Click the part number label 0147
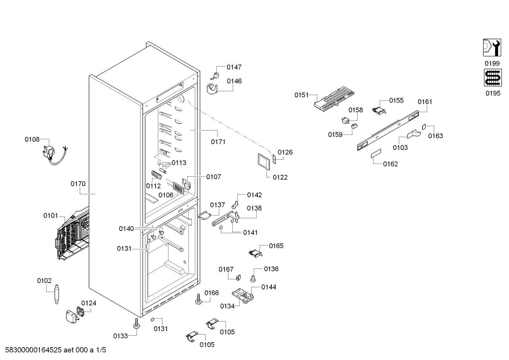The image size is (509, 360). tap(234, 67)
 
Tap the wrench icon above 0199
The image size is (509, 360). tap(492, 48)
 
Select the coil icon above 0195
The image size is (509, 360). tap(493, 78)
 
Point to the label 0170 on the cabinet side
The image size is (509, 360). tap(78, 184)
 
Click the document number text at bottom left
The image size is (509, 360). tap(55, 350)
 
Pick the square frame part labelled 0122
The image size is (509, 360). tap(264, 162)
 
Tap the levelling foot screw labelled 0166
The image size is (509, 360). tap(199, 299)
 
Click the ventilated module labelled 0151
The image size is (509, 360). tap(334, 97)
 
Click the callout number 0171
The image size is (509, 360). tap(218, 142)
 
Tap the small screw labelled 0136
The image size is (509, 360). tap(253, 279)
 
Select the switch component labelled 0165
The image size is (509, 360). tap(255, 253)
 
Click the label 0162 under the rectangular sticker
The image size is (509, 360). tap(390, 164)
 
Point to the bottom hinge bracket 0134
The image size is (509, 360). tap(243, 296)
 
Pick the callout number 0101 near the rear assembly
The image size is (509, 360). tap(51, 216)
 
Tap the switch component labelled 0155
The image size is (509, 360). tap(379, 111)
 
